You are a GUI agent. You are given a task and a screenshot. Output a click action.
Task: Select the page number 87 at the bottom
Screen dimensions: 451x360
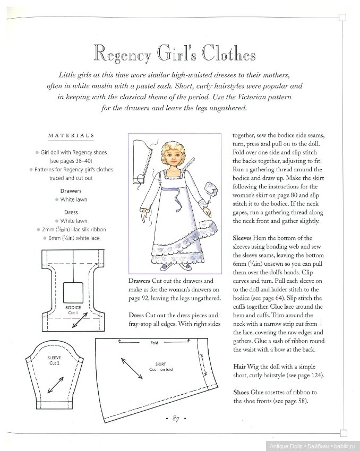point(175,420)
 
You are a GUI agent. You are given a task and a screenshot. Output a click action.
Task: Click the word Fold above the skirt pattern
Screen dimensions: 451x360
point(155,343)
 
